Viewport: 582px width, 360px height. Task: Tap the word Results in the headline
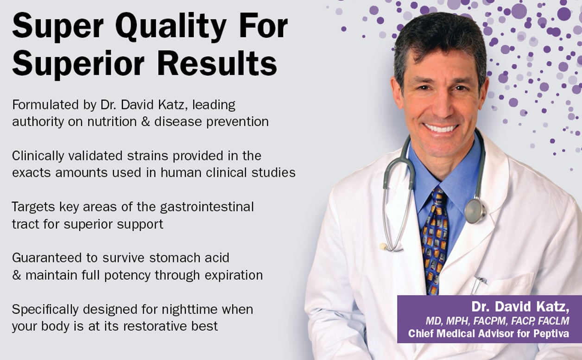pos(217,63)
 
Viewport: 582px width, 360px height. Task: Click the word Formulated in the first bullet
pos(45,105)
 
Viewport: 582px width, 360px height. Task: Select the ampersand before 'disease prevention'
pos(146,121)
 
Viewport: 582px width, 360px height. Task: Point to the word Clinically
pos(38,156)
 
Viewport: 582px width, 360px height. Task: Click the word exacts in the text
pos(31,173)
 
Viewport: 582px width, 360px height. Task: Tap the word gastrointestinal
pos(207,207)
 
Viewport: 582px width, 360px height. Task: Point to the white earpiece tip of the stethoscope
pos(383,246)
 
